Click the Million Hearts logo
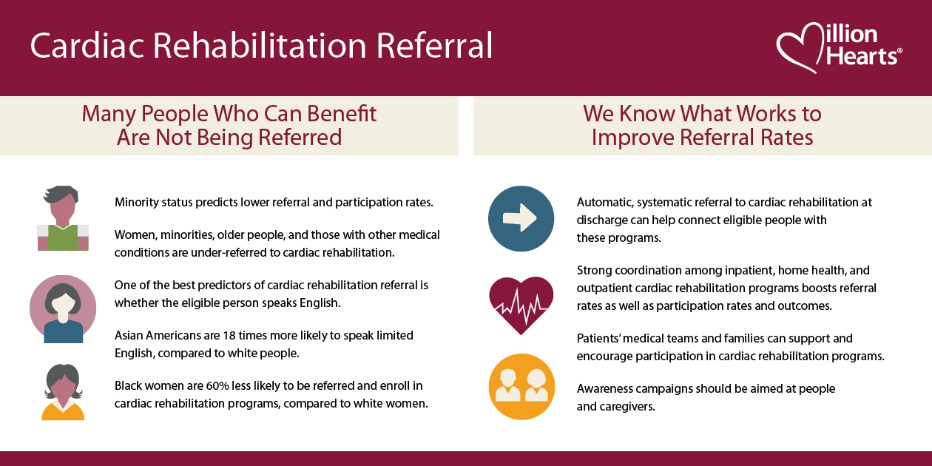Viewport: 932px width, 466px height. point(839,46)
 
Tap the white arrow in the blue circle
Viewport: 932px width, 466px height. point(521,218)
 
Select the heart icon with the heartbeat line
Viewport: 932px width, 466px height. point(521,304)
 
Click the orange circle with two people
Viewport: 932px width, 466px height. point(521,386)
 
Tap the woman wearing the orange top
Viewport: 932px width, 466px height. point(63,392)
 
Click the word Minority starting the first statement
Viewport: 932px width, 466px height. point(138,202)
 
